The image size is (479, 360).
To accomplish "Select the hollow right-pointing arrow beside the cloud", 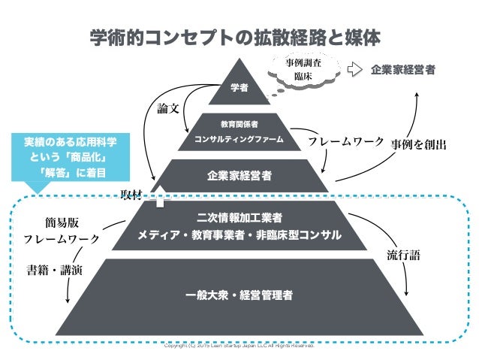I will pos(354,70).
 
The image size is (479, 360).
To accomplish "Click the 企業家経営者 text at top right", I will pos(403,70).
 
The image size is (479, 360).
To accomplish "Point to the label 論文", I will pos(168,108).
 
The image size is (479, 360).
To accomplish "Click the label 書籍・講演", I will pos(53,269).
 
